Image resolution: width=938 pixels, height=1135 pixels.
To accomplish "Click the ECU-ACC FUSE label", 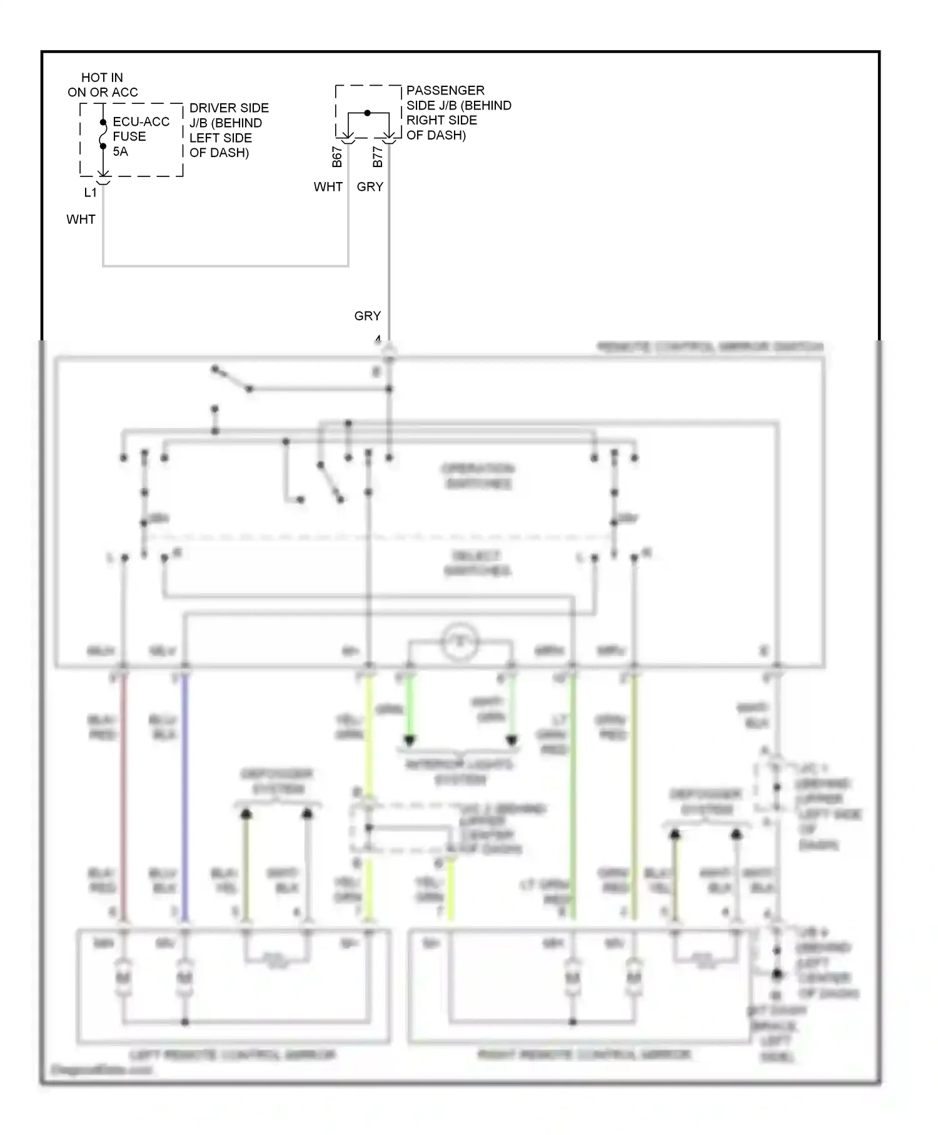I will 141,129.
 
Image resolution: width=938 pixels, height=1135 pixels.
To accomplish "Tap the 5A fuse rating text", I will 120,151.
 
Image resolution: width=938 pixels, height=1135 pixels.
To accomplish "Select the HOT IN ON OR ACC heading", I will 103,85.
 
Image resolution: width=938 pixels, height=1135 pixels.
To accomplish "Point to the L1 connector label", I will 91,193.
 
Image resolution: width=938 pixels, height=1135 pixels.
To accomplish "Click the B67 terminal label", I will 337,157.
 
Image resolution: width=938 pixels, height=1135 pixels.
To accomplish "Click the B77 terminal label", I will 377,157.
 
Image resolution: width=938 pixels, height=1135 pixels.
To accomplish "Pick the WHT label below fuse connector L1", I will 81,220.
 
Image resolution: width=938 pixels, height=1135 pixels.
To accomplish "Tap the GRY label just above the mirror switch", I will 367,316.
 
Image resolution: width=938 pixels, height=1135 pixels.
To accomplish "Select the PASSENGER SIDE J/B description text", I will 458,113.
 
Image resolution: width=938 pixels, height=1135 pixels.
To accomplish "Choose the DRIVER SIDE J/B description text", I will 229,130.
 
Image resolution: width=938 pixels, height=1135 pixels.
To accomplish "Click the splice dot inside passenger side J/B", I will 368,113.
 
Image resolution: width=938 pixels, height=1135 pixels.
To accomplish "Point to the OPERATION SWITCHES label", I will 478,476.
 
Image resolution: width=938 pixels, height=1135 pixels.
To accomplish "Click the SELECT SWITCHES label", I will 477,563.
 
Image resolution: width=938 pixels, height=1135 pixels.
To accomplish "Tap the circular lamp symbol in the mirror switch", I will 460,641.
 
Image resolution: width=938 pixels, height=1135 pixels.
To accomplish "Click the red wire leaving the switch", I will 124,795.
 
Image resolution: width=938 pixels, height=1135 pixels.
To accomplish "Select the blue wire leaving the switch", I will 184,795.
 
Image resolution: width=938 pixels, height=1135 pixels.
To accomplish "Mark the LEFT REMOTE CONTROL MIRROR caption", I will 233,1055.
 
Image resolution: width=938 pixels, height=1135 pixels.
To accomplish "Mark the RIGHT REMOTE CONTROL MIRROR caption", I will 583,1055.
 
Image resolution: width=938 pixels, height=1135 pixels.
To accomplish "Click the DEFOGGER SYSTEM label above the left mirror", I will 277,781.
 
